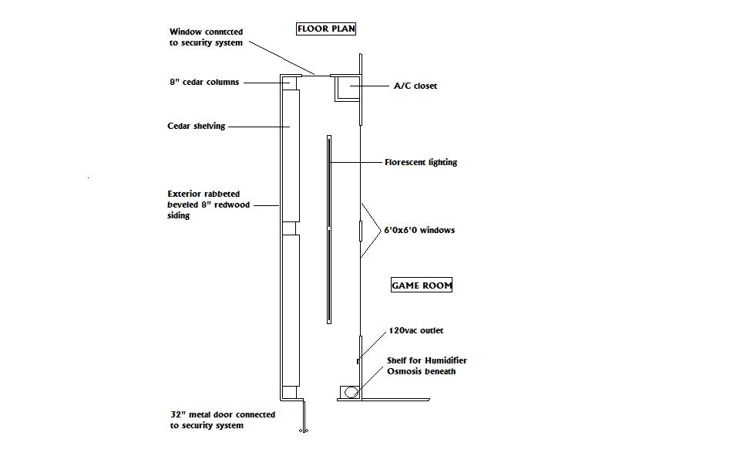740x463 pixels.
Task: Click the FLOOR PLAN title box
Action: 326,29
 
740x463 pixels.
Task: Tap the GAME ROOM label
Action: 422,286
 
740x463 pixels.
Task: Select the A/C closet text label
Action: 415,86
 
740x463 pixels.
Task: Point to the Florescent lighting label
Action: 421,162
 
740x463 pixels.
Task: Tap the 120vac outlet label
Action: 416,330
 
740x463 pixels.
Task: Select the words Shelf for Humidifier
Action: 426,360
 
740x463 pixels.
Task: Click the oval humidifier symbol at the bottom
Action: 351,392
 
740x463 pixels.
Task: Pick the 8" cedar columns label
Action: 204,82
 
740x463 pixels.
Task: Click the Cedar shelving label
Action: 197,126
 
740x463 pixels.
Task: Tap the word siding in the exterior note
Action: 179,216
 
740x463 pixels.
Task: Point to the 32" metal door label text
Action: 223,414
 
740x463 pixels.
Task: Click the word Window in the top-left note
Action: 186,32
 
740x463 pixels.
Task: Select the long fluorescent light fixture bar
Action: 329,229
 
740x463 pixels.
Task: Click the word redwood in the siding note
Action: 232,205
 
